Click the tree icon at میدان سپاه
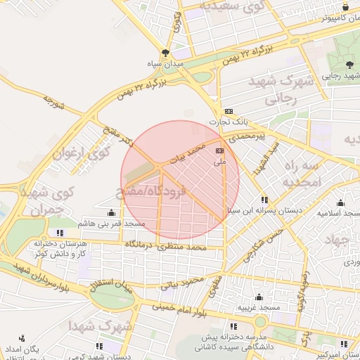[x=165, y=53]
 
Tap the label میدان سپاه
[x=165, y=64]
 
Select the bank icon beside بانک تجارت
[x=229, y=111]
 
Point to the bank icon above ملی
[x=219, y=150]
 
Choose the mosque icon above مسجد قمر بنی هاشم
[x=111, y=212]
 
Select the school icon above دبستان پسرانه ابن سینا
[x=264, y=200]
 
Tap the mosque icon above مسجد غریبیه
[x=259, y=297]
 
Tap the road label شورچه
[x=53, y=103]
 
